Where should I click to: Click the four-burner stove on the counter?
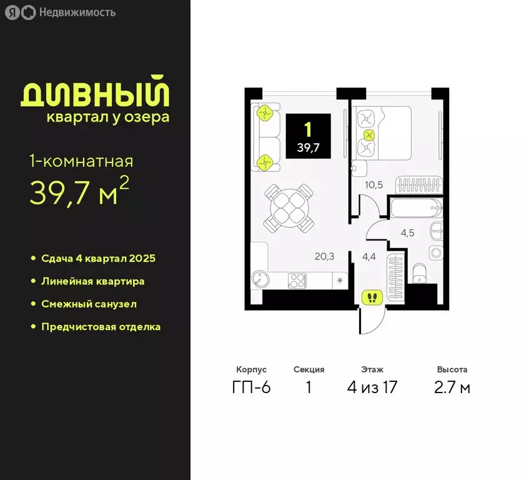[x=296, y=281]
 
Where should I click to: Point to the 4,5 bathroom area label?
[x=407, y=233]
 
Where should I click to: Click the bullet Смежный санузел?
[x=89, y=304]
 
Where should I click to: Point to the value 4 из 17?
[x=372, y=387]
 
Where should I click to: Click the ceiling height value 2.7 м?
[x=452, y=387]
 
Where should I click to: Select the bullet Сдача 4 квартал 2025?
[x=98, y=258]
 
